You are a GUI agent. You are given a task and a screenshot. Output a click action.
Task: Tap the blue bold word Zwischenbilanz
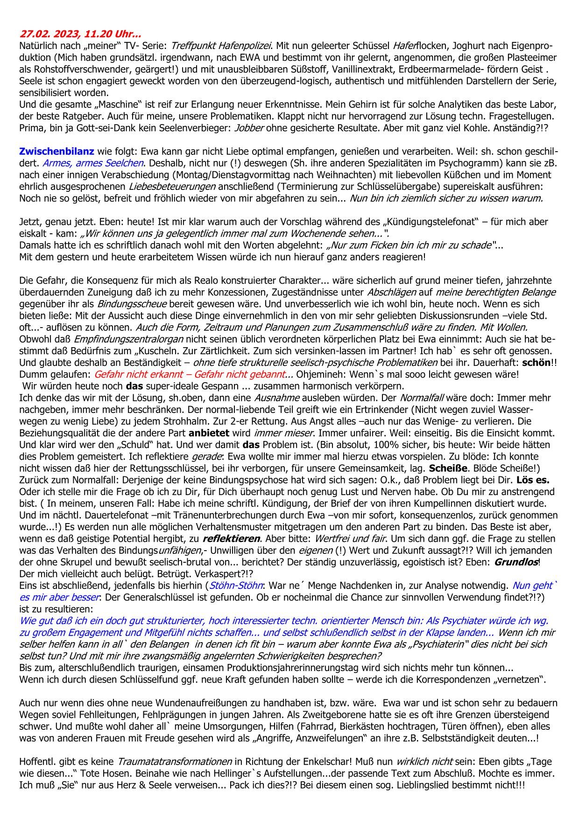pyautogui.click(x=56, y=151)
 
